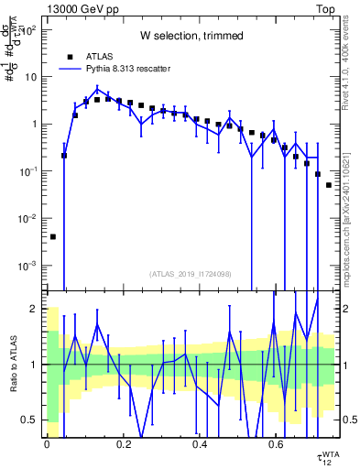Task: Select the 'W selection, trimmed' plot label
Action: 191,35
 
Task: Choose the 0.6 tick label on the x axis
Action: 276,444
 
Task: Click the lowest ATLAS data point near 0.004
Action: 53,236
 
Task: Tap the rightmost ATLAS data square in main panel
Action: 329,185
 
